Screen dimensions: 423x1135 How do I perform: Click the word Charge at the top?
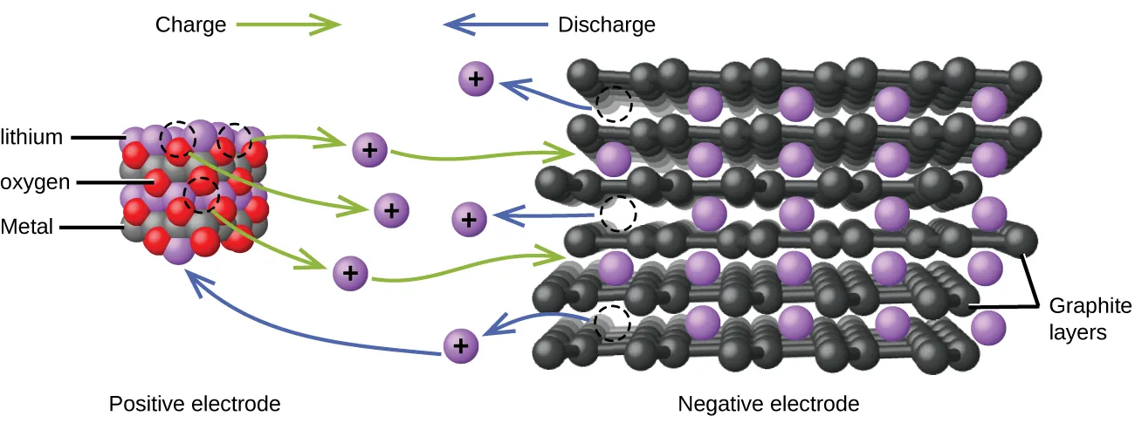pyautogui.click(x=190, y=24)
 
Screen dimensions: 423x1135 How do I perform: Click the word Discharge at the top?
pyautogui.click(x=606, y=24)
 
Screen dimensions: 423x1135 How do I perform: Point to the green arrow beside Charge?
pyautogui.click(x=287, y=24)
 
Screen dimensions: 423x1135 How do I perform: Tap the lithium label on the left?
pyautogui.click(x=32, y=137)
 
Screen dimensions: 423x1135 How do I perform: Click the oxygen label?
pyautogui.click(x=34, y=182)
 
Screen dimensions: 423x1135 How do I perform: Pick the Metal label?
pyautogui.click(x=27, y=228)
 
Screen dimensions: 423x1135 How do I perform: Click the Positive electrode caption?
pyautogui.click(x=195, y=404)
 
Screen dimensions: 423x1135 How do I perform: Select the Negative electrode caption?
pyautogui.click(x=768, y=404)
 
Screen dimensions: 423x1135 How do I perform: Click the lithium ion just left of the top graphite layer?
pyautogui.click(x=476, y=80)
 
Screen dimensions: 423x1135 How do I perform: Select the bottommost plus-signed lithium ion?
pyautogui.click(x=462, y=345)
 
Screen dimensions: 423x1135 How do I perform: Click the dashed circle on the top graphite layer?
pyautogui.click(x=614, y=104)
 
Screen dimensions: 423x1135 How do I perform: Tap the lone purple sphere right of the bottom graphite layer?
pyautogui.click(x=988, y=328)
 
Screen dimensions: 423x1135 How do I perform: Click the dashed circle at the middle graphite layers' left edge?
pyautogui.click(x=619, y=214)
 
